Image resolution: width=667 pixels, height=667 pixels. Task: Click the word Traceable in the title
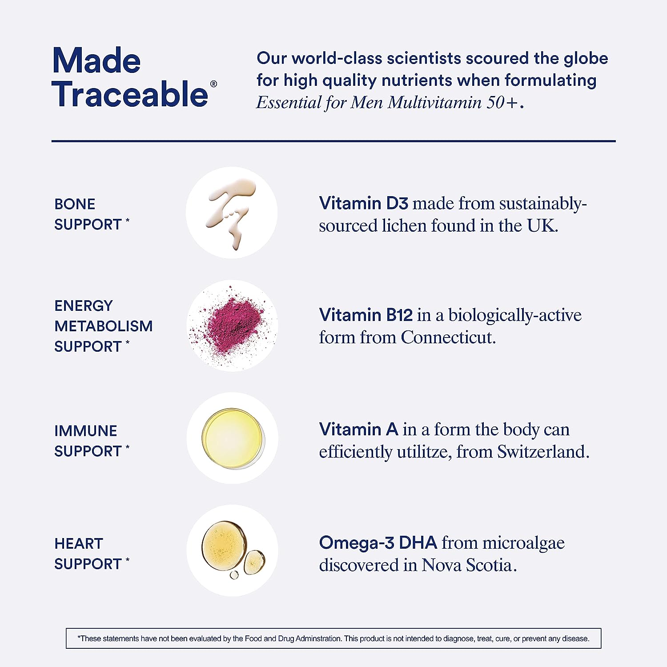click(130, 94)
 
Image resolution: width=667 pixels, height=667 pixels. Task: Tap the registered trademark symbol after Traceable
click(213, 84)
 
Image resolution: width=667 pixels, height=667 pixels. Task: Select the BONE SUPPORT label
click(92, 214)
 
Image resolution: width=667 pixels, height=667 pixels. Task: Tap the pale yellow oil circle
click(233, 438)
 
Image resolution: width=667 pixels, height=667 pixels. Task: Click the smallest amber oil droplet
click(234, 575)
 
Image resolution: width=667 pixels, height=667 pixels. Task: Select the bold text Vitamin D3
click(363, 204)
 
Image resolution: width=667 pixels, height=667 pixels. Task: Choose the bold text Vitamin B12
click(366, 315)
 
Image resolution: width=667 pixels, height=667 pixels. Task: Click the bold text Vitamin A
click(358, 430)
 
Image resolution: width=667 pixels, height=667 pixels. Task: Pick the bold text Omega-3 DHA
click(378, 543)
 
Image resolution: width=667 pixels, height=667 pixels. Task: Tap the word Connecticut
click(448, 338)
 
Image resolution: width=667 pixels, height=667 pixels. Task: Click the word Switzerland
click(543, 452)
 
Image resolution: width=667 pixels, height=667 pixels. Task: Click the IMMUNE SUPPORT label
click(92, 441)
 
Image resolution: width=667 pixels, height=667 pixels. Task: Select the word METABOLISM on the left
click(103, 326)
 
